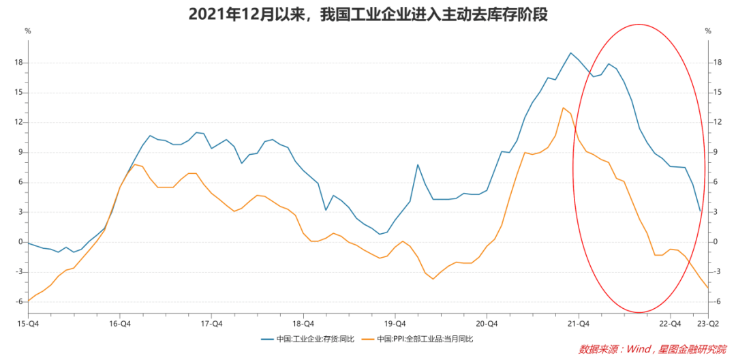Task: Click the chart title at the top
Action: coord(368,14)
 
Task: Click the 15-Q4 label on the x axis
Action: coord(27,323)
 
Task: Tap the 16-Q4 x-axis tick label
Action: coord(120,323)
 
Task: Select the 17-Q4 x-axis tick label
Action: coord(212,323)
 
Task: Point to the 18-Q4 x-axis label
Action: coord(303,323)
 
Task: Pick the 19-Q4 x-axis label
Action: coord(395,323)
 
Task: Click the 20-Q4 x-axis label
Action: coord(487,323)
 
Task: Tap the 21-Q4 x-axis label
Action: coord(578,323)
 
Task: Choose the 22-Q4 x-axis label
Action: coord(671,323)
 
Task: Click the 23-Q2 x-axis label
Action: coord(706,323)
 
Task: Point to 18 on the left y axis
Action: coord(19,63)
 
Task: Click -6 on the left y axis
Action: coord(20,301)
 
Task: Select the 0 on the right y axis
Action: coord(716,242)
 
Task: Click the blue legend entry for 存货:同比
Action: coord(306,339)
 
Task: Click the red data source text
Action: coord(652,349)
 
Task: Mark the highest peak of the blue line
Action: coord(570,52)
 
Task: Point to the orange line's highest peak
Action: coord(563,108)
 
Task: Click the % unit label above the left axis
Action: coord(27,31)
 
